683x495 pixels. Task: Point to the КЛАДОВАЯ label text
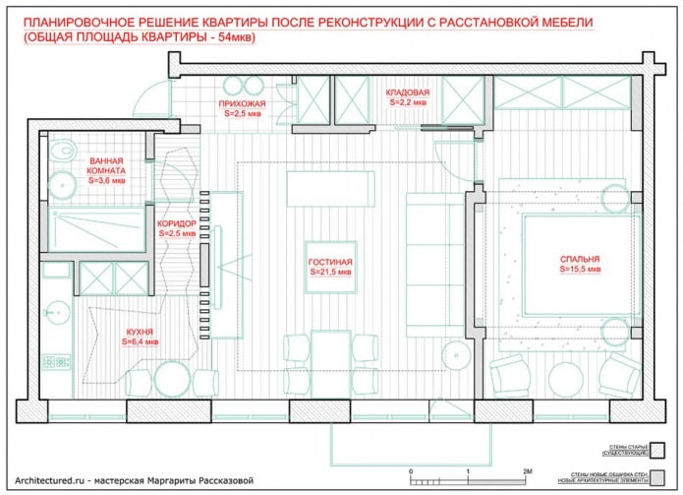tap(408, 92)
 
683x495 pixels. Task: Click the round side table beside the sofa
tap(454, 353)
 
